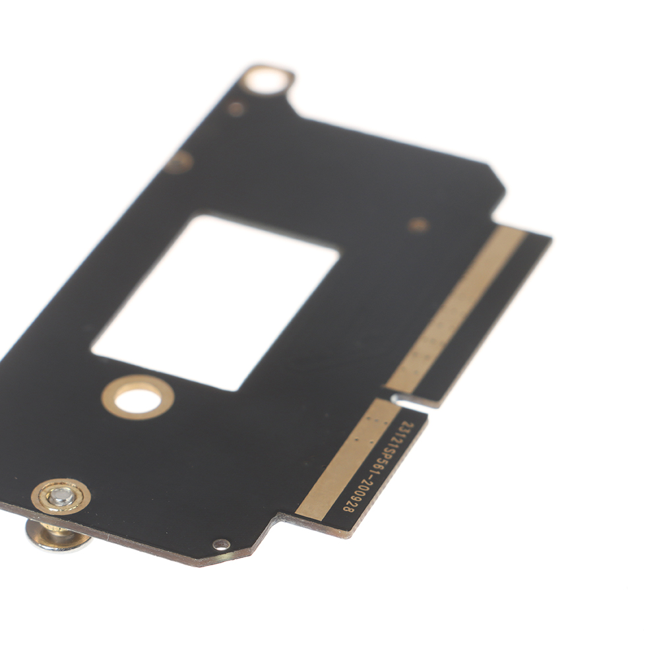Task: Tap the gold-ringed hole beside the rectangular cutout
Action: pos(138,397)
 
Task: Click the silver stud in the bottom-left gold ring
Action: pos(61,496)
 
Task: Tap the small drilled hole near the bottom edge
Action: pos(221,545)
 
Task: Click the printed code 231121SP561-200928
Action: pos(379,466)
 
